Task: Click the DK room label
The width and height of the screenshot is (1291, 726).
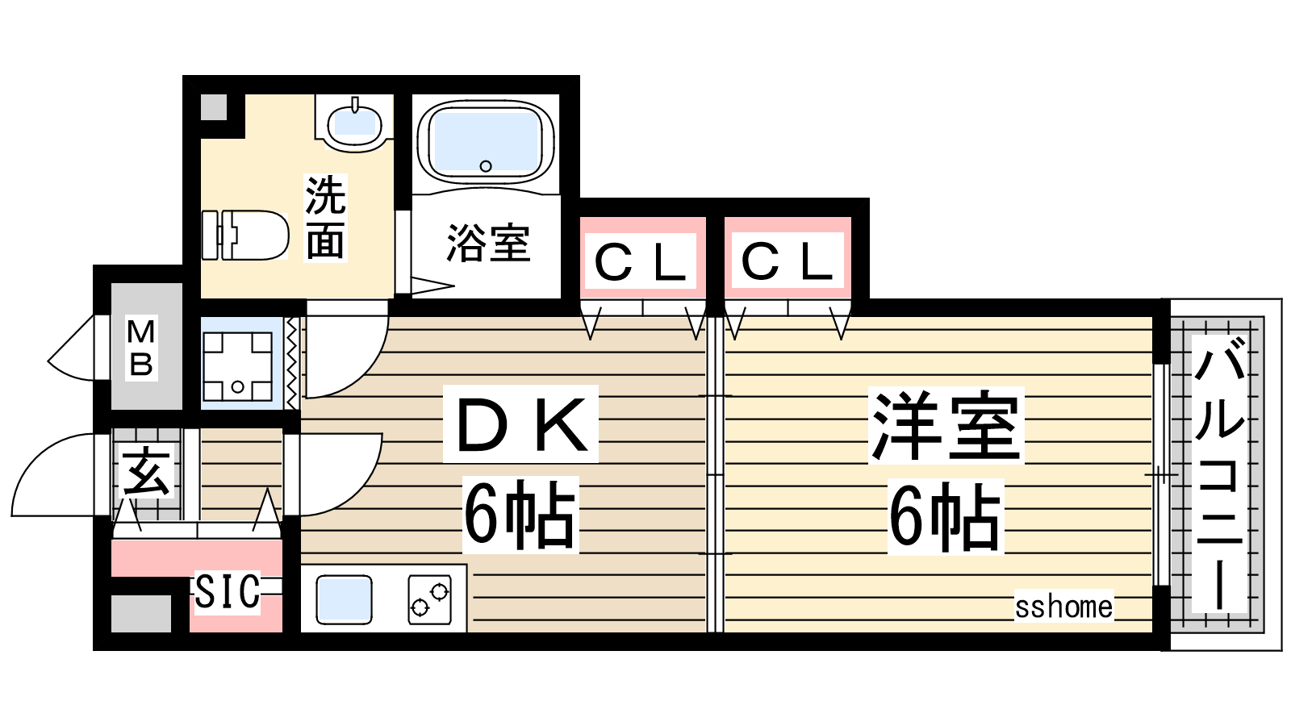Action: coord(520,424)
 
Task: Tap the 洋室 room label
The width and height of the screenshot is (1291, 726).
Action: coord(946,426)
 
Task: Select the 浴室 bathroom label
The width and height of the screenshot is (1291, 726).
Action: coord(487,243)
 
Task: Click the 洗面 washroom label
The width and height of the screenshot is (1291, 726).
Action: coord(326,217)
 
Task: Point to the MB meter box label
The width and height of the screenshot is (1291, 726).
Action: coord(141,348)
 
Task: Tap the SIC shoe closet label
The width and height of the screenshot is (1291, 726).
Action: coord(227,592)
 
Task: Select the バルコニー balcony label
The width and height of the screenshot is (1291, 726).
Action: coord(1218,473)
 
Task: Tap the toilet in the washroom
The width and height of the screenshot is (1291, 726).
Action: coord(245,235)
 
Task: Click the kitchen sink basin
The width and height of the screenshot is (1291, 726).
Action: coord(344,599)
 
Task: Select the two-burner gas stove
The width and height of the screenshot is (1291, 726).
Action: coord(429,599)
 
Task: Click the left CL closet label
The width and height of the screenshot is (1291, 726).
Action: coord(640,263)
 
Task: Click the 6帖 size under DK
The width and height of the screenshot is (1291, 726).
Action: coord(520,515)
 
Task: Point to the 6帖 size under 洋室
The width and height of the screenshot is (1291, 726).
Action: coord(945,516)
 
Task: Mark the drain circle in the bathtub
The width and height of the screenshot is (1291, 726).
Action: coord(486,166)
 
